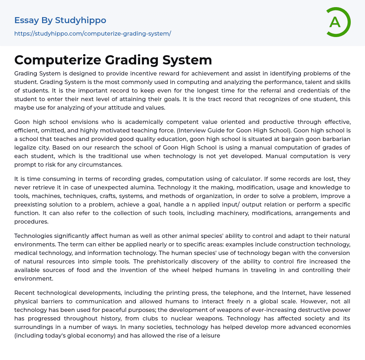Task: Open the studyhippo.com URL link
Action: (93, 33)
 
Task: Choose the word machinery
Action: (223, 213)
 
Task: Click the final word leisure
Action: (210, 335)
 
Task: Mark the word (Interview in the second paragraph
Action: (192, 130)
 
